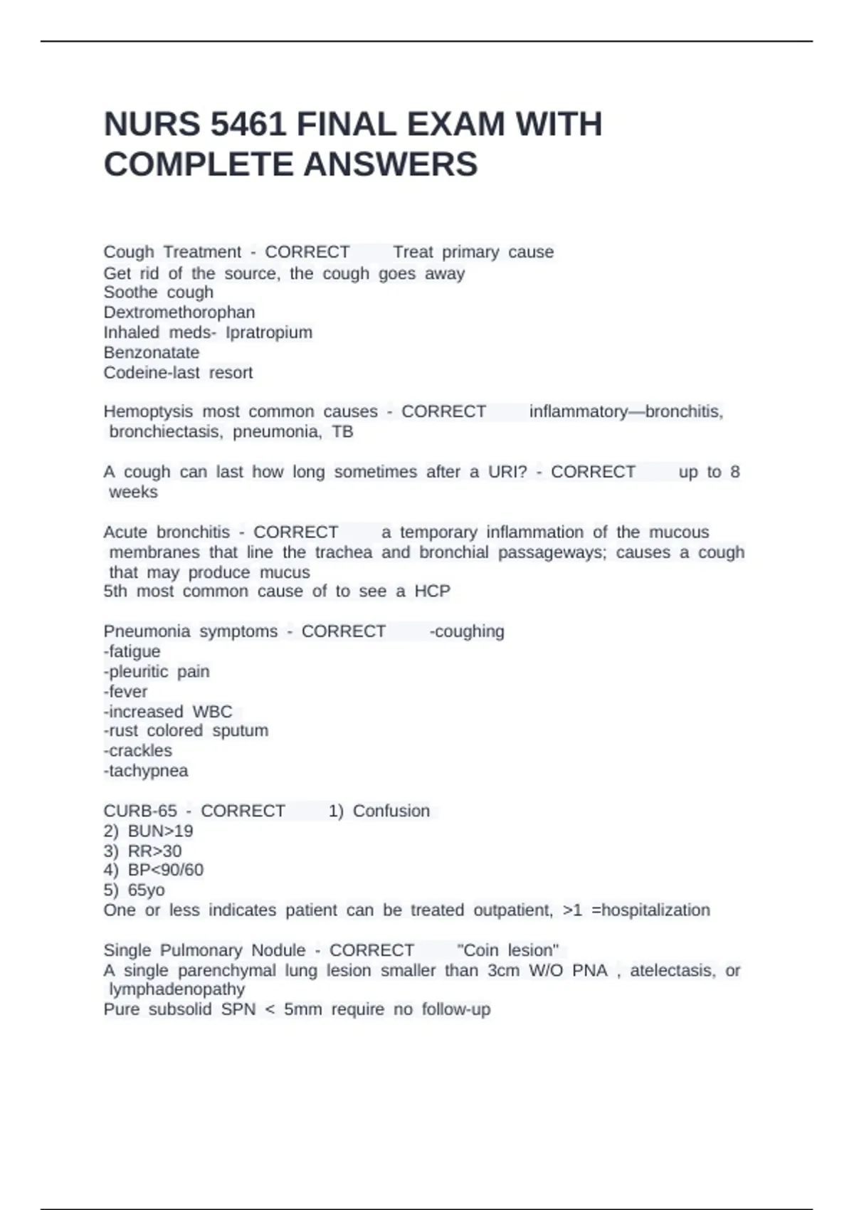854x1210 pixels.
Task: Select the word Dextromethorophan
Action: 179,312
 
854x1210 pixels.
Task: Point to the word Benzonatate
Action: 151,352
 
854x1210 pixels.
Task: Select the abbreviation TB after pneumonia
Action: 342,431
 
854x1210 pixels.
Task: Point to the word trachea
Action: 344,552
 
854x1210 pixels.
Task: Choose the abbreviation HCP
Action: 432,591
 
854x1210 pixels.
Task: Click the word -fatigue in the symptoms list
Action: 132,651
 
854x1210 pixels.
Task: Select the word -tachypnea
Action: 146,771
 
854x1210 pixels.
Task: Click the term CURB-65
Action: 140,811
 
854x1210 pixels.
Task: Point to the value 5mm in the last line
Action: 302,1009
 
